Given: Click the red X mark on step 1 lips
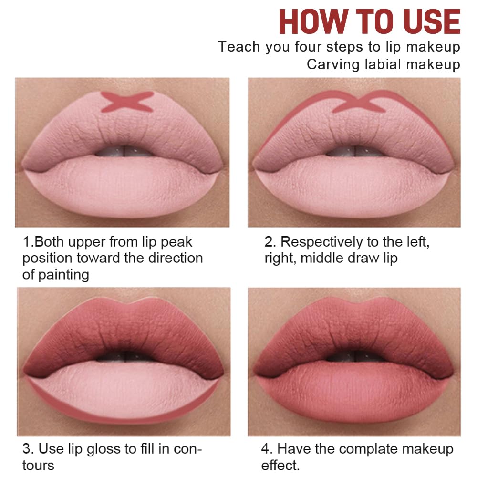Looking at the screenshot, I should coord(127,101).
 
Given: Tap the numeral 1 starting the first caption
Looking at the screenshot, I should coord(26,242).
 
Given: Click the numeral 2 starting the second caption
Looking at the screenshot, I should coord(269,242).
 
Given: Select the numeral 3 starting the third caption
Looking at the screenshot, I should coord(27,449).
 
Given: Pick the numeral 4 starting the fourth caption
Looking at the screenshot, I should coord(266,449).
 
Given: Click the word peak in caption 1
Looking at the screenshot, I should coord(176,242).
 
